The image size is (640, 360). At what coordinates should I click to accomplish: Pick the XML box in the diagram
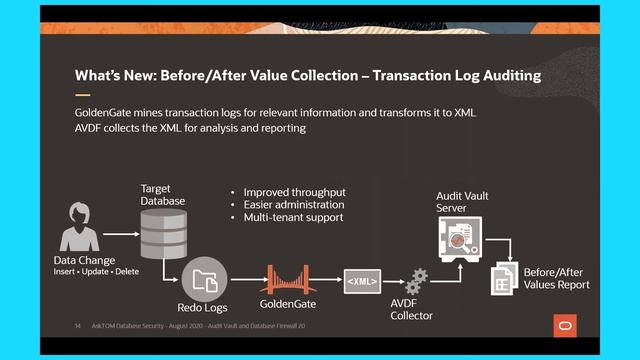362,282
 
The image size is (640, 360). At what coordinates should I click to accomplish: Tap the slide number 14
78,325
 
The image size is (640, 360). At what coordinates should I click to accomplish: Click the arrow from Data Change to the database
119,234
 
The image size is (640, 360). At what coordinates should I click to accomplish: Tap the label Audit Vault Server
462,201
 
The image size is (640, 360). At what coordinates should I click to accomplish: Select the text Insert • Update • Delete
97,272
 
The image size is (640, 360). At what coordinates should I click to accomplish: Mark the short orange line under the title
83,95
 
